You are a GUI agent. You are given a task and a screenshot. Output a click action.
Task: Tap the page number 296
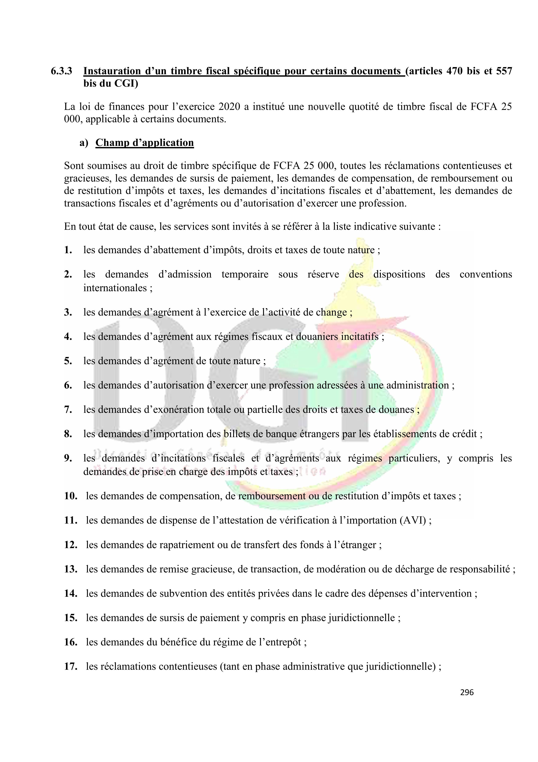(467, 692)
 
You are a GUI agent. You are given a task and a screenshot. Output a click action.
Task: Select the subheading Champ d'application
(144, 142)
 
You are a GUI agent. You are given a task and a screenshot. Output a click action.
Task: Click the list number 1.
(68, 250)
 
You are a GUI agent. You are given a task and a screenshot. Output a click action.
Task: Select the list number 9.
(68, 458)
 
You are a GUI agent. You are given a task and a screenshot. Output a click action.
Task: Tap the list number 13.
(71, 569)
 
